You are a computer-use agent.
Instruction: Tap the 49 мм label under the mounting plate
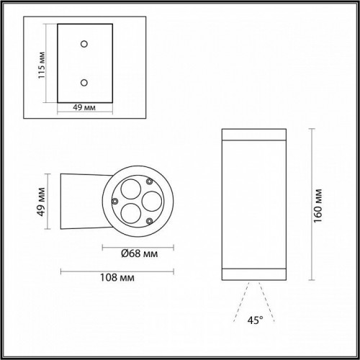(85, 109)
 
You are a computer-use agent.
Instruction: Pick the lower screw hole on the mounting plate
(85, 82)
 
